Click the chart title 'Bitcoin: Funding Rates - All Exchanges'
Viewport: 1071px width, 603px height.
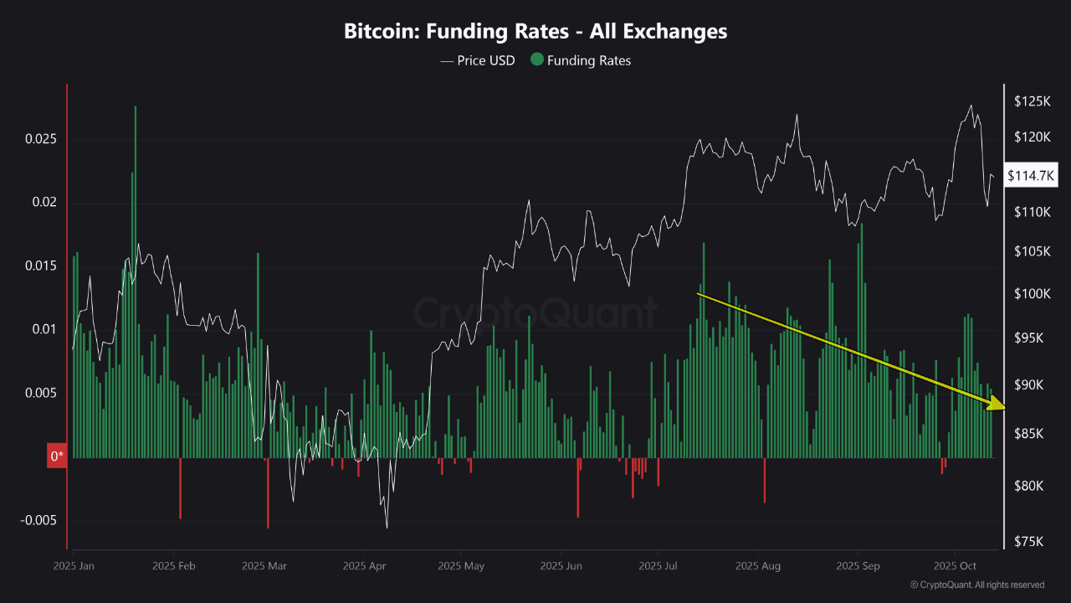(535, 32)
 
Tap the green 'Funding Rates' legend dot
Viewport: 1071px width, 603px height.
(536, 60)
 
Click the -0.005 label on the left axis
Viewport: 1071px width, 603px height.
(38, 520)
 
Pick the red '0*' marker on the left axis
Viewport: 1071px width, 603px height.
(56, 457)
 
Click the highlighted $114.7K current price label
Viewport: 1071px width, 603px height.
(1032, 176)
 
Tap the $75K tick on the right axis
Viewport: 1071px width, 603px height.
(1029, 542)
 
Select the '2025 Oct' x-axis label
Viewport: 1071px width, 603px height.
(956, 566)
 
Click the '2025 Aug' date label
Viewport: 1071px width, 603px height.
(758, 566)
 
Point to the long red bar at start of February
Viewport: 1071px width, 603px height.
(180, 488)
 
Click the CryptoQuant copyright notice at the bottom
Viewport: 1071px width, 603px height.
(976, 585)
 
